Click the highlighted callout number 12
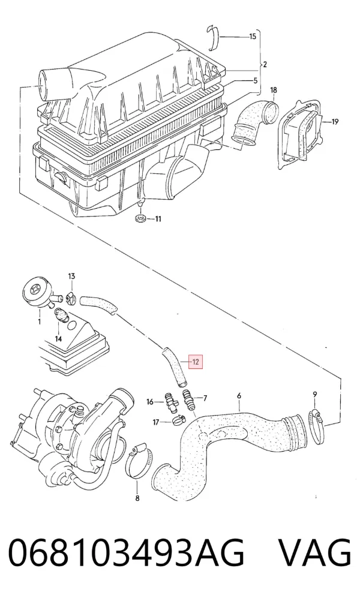[196, 362]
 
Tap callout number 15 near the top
[253, 37]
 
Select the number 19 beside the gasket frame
[335, 122]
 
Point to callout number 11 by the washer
[158, 219]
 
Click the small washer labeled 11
[140, 218]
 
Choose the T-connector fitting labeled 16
[170, 402]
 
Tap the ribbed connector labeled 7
[188, 400]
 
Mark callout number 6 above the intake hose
[239, 395]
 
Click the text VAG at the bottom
[314, 552]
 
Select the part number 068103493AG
[126, 552]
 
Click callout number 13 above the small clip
[71, 276]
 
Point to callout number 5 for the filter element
[255, 80]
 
